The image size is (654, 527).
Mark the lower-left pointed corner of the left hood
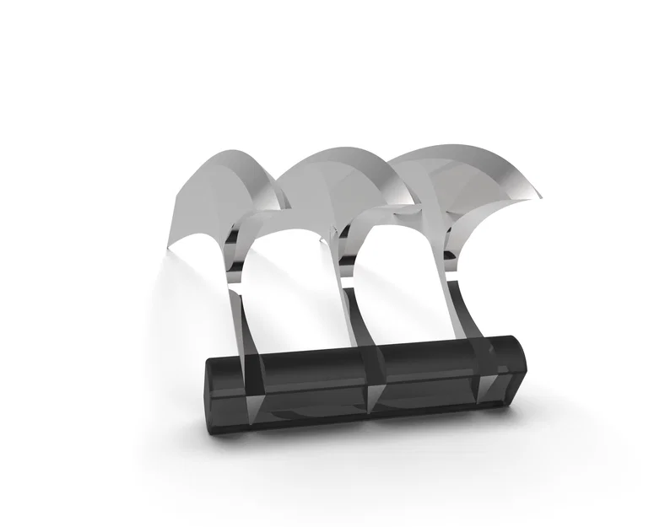tap(170, 248)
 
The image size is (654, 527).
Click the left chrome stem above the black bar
tap(241, 320)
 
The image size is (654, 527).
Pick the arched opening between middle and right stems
tap(397, 270)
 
